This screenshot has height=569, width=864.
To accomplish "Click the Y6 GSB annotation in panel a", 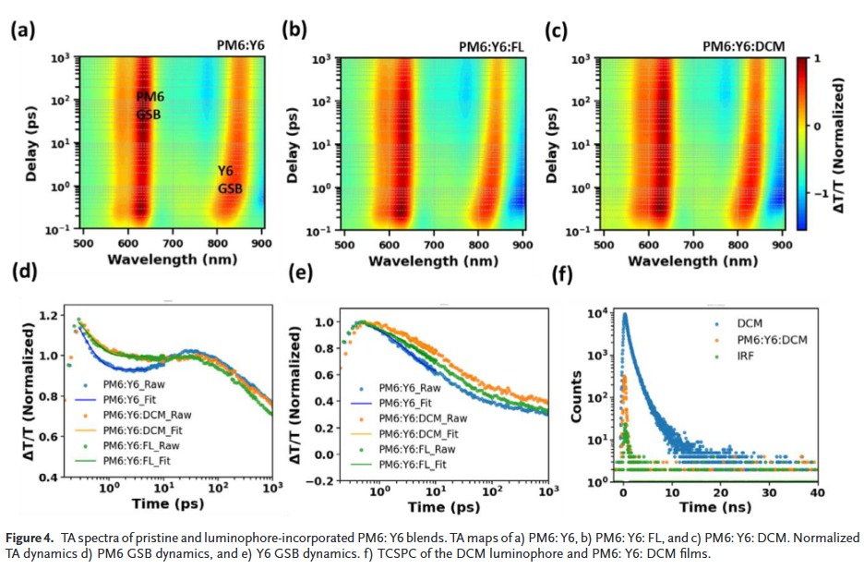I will pyautogui.click(x=229, y=180).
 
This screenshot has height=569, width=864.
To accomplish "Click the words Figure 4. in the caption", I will pyautogui.click(x=31, y=538).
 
